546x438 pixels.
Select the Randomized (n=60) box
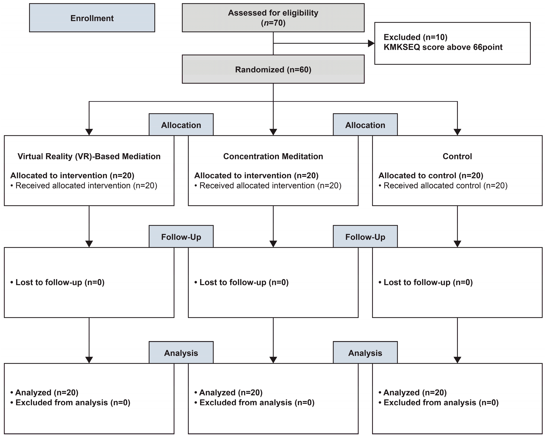click(x=273, y=69)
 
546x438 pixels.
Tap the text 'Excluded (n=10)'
click(x=415, y=37)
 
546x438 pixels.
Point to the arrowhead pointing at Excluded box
click(x=371, y=43)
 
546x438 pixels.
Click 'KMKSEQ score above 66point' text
click(x=443, y=47)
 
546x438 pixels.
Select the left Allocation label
click(x=181, y=125)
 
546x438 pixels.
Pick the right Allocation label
click(x=365, y=125)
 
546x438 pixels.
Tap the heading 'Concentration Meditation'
click(x=273, y=156)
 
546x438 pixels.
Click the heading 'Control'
click(x=457, y=156)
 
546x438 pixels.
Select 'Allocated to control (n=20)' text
click(x=431, y=175)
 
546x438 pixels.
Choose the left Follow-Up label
click(x=181, y=237)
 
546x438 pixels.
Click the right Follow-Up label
click(x=365, y=237)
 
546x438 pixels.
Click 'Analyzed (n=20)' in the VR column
click(x=47, y=393)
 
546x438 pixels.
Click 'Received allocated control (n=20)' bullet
click(x=445, y=186)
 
